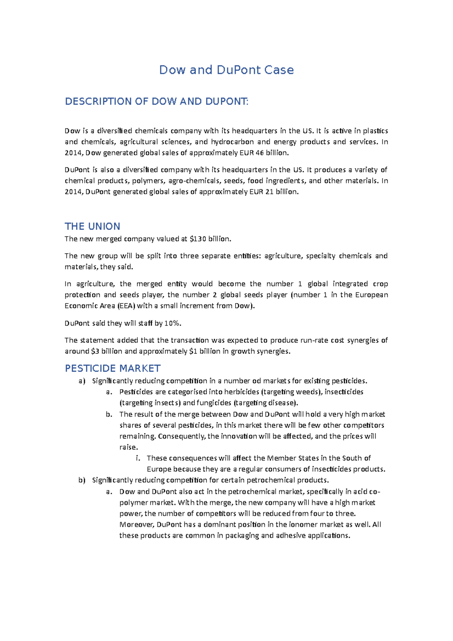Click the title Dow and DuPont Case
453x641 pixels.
226,70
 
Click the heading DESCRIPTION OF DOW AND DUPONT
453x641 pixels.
157,102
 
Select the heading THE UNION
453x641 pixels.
92,227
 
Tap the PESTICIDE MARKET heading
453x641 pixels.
112,368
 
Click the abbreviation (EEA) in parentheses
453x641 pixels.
126,306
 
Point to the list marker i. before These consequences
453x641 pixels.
138,458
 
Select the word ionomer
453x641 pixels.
303,525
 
